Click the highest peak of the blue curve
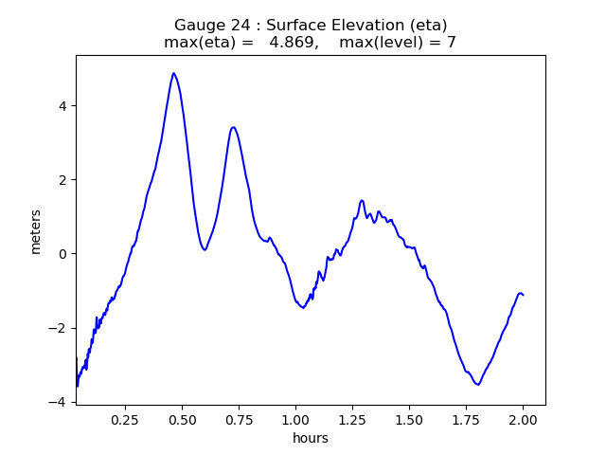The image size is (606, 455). [x=173, y=73]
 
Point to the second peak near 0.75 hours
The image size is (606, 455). [x=233, y=127]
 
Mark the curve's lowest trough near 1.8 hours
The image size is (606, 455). [x=478, y=384]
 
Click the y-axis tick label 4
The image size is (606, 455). [x=62, y=106]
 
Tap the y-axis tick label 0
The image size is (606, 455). [x=62, y=254]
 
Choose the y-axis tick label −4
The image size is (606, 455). [x=59, y=402]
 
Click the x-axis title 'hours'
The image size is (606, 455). [x=310, y=438]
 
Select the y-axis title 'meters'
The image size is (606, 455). [x=36, y=231]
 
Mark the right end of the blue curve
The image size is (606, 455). [x=523, y=295]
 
